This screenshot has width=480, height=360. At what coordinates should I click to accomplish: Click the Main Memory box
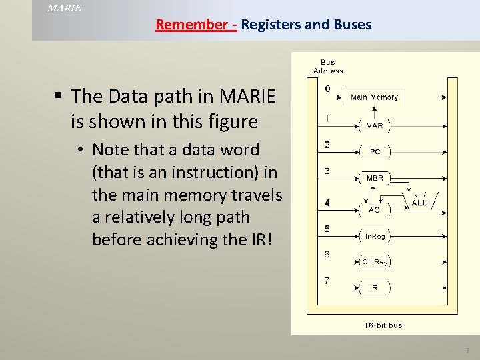point(374,97)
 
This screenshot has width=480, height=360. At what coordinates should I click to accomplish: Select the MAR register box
point(374,125)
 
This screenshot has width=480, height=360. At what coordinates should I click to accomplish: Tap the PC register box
point(375,152)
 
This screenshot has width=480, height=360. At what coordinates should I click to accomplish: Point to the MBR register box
point(375,179)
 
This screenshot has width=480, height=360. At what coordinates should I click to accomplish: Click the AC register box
point(374,209)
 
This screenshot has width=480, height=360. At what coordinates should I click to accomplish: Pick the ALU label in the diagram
point(420,203)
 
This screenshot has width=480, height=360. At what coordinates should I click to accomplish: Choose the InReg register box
point(374,235)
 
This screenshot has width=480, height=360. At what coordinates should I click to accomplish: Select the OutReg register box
point(374,262)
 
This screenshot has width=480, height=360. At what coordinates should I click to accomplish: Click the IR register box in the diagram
point(374,288)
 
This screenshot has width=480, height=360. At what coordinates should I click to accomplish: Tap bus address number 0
point(327,88)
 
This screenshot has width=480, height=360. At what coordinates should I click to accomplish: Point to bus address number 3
point(327,171)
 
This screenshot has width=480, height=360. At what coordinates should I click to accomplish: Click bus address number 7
point(327,280)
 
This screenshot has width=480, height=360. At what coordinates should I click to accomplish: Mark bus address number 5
point(327,229)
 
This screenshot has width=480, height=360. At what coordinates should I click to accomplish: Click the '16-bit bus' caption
point(383,325)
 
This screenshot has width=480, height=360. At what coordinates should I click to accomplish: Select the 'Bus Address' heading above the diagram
point(328,67)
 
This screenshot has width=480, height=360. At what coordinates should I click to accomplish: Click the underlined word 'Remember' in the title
point(191,25)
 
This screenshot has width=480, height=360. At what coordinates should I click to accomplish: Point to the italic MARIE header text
point(65,8)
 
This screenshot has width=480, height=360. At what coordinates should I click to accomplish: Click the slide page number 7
point(467,351)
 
